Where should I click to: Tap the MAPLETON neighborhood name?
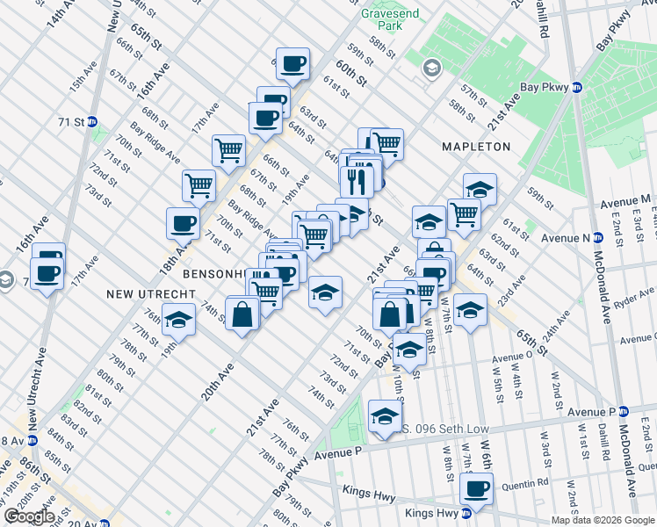pyautogui.click(x=475, y=146)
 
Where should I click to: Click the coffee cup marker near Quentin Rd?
pyautogui.click(x=477, y=488)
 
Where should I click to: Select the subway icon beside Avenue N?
pyautogui.click(x=597, y=237)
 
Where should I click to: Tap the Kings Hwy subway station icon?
pyautogui.click(x=467, y=513)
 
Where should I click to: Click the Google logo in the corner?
pyautogui.click(x=28, y=516)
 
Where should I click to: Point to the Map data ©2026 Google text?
pyautogui.click(x=603, y=520)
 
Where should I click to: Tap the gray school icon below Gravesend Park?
pyautogui.click(x=431, y=68)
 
